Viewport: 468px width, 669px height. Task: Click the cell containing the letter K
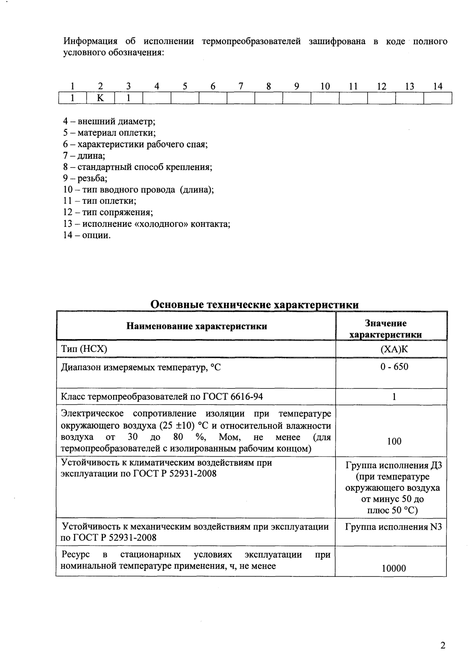tap(100, 98)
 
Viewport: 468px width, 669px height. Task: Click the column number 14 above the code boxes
tap(438, 87)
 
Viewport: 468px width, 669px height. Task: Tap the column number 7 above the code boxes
tap(241, 87)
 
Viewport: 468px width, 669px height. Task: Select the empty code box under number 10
tap(324, 98)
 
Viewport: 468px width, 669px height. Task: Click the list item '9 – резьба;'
tap(85, 178)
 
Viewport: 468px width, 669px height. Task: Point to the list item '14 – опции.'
tap(87, 235)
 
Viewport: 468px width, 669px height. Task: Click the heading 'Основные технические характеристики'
tap(255, 305)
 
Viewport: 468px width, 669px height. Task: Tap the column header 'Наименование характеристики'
tap(196, 326)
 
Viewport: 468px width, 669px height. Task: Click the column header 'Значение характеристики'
tap(391, 329)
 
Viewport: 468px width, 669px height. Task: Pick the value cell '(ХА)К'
tap(394, 349)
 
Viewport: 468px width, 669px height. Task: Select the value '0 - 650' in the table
tap(394, 367)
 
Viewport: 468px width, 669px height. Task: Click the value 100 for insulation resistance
tap(394, 441)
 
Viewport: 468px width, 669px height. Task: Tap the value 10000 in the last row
tap(394, 569)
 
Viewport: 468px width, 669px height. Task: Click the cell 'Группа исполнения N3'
tap(393, 527)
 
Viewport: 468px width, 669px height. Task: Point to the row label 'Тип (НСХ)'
tap(84, 349)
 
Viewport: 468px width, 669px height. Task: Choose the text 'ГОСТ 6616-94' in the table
tap(236, 397)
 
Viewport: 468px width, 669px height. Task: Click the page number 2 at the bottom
tap(443, 646)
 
